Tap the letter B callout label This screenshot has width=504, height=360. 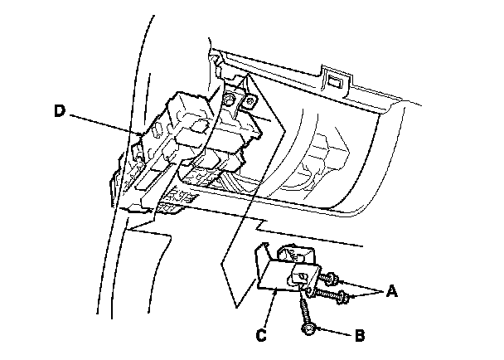click(361, 336)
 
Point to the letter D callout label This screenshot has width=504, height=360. click(59, 110)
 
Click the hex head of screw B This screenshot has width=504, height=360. click(309, 330)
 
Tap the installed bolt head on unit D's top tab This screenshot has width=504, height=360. click(230, 100)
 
